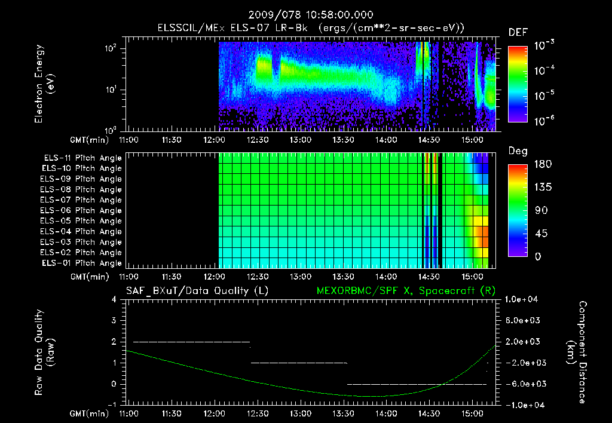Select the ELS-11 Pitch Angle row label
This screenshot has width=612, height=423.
point(81,158)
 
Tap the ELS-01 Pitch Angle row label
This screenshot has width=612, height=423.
point(81,263)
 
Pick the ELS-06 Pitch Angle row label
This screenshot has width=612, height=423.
point(81,210)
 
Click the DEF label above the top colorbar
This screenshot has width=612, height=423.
point(518,33)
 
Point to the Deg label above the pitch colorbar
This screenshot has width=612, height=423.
point(518,151)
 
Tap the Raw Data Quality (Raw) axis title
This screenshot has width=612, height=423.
point(45,352)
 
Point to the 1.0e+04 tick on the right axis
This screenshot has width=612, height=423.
point(522,299)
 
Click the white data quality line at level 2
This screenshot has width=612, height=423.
point(191,342)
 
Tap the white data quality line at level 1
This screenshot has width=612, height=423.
point(299,363)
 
